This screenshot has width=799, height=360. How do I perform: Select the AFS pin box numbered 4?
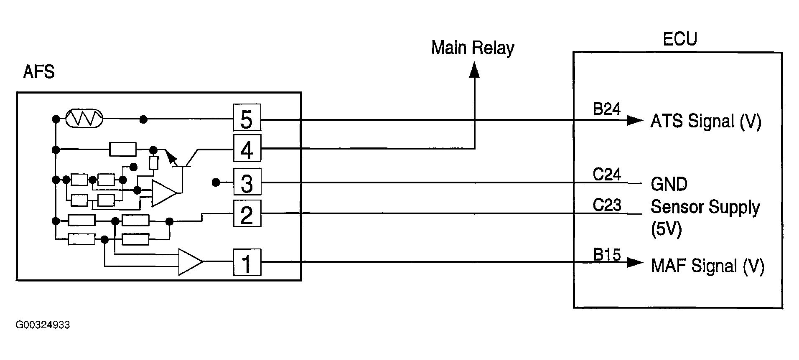(247, 148)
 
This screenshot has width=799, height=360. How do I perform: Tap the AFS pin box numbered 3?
(247, 182)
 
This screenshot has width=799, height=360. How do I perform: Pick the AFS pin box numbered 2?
(247, 213)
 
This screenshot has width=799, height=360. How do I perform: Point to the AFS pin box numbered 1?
(247, 262)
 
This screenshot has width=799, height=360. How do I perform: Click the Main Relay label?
(473, 48)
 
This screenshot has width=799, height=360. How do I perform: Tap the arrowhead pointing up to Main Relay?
(474, 70)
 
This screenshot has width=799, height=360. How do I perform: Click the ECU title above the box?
(680, 39)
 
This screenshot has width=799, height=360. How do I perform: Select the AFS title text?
(39, 72)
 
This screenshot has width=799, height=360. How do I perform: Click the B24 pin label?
(607, 109)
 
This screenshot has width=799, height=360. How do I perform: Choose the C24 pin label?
(607, 174)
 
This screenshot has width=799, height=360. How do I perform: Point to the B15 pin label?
(607, 254)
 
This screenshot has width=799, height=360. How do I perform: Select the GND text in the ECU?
(669, 184)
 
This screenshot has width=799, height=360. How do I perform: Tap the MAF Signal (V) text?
(707, 266)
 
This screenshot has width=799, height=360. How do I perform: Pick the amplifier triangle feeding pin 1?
(191, 262)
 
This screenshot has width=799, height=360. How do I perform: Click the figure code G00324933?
(43, 325)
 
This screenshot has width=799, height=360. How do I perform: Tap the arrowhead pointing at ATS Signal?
(635, 120)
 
